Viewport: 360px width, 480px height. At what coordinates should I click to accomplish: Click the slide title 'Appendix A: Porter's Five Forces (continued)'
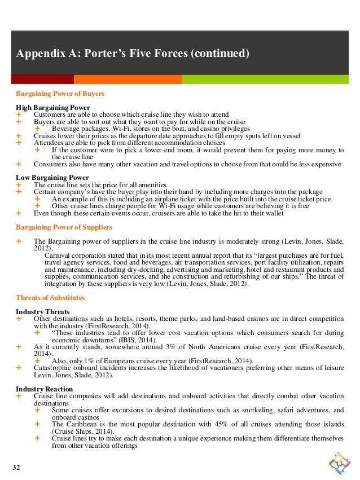pyautogui.click(x=132, y=54)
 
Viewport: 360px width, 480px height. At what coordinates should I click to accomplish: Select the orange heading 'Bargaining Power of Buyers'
pyautogui.click(x=60, y=93)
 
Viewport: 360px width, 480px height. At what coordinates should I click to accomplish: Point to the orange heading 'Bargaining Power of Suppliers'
pyautogui.click(x=64, y=227)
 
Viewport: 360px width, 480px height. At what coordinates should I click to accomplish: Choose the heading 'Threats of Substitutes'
pyautogui.click(x=50, y=297)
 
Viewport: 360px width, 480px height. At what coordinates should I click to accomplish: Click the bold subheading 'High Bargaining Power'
pyautogui.click(x=53, y=107)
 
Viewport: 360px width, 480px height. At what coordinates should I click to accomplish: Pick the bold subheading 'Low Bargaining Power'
pyautogui.click(x=52, y=177)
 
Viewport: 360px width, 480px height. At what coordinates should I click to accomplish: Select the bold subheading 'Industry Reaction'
pyautogui.click(x=44, y=389)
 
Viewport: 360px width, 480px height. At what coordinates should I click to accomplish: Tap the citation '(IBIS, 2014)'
pyautogui.click(x=122, y=341)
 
